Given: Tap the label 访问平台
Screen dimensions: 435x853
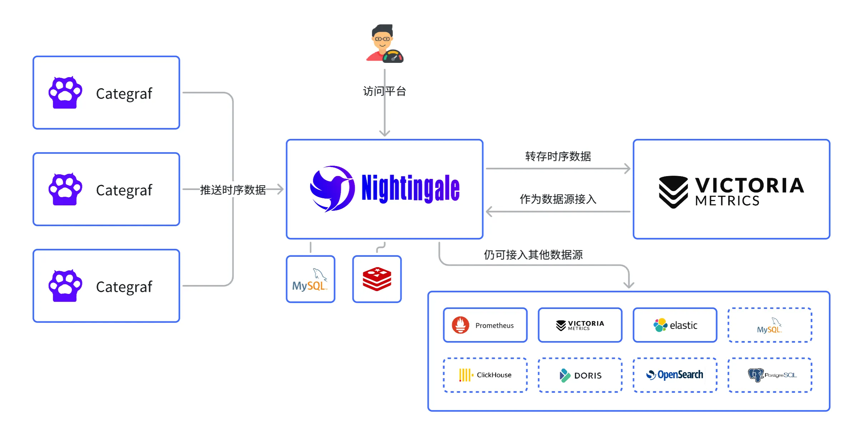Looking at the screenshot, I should pos(384,91).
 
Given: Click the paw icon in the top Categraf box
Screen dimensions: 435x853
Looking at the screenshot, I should pos(65,93).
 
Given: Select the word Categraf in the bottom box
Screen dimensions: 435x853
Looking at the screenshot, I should pos(124,287).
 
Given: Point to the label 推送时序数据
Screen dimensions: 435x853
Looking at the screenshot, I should pos(233,190).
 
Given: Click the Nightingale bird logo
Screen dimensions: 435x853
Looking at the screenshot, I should pos(332,189).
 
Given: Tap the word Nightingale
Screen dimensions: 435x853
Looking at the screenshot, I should pos(410,189).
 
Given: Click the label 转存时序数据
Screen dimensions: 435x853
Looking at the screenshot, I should pos(558,156).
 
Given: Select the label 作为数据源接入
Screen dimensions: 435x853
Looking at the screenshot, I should pos(558,199).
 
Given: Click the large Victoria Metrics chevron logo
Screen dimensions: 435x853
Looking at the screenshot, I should pos(673,192).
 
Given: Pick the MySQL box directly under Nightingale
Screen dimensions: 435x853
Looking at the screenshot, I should pos(310,279).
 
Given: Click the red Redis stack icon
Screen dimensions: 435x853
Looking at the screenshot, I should pos(377,279).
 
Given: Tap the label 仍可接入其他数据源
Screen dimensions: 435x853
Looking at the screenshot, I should pos(533,255).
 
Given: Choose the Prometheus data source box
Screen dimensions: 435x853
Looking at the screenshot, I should pos(485,325).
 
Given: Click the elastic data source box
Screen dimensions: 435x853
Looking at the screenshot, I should pos(675,325).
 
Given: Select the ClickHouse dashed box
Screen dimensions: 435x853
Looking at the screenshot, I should pos(485,375).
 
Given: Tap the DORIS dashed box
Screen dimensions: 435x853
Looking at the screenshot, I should pos(580,375).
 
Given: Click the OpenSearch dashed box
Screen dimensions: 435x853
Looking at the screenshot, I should pos(675,375).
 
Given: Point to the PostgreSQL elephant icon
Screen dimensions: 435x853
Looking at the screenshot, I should pos(755,375).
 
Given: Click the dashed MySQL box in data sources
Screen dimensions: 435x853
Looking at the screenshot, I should pos(770,325).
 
